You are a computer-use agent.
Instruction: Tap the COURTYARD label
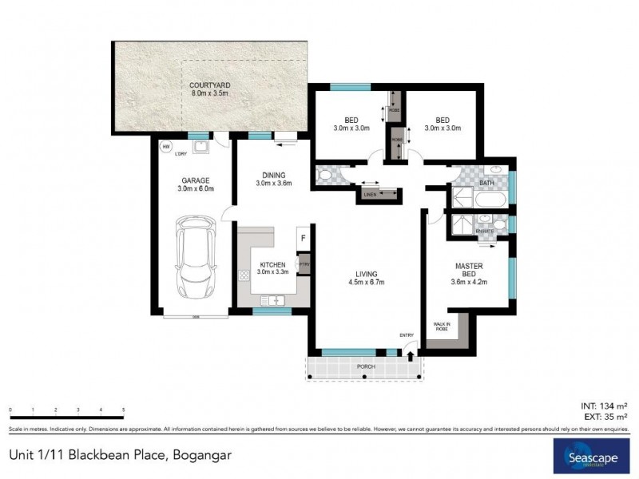click(x=210, y=89)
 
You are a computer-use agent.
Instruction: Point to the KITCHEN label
click(x=272, y=267)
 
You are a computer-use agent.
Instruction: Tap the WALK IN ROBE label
click(x=441, y=327)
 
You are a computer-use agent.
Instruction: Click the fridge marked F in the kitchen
click(x=304, y=238)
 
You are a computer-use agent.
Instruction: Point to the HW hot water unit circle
click(x=166, y=147)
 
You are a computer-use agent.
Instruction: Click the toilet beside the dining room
click(x=325, y=176)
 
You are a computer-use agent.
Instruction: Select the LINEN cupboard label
click(x=370, y=194)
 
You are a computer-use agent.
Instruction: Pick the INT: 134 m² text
click(x=602, y=406)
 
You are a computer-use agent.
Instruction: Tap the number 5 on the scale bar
click(x=124, y=410)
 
